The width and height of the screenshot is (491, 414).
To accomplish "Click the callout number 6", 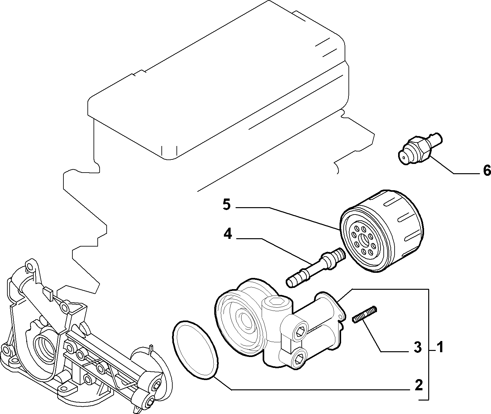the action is click(x=487, y=170).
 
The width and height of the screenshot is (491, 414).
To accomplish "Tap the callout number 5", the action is click(x=227, y=205).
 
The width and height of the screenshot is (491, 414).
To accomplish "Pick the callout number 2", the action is click(x=419, y=385).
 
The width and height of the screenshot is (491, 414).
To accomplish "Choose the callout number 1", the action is click(x=439, y=347).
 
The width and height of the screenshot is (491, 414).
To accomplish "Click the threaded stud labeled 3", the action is click(x=365, y=314).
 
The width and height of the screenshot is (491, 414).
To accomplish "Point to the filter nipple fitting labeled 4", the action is click(x=316, y=268).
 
